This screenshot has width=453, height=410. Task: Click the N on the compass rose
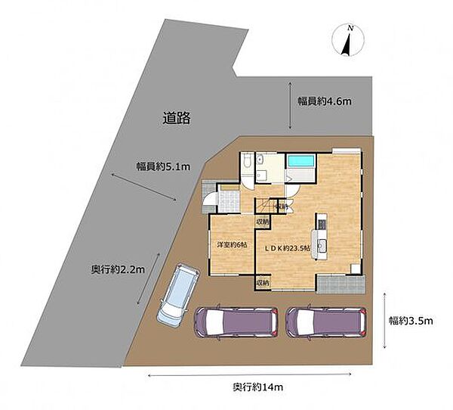(350, 28)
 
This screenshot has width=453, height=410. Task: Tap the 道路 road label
(177, 118)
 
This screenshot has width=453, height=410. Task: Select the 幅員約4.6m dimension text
(325, 101)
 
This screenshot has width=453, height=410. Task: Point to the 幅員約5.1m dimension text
(163, 166)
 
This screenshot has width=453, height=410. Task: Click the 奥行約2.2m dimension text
(118, 270)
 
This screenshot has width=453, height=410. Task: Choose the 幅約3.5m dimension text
(411, 321)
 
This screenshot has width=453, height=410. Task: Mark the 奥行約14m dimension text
(258, 387)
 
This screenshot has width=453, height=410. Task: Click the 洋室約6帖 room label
(232, 244)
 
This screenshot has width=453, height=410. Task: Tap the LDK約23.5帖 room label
(288, 248)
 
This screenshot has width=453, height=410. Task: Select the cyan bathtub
(300, 161)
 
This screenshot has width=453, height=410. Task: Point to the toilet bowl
(248, 162)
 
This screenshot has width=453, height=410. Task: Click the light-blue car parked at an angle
(178, 295)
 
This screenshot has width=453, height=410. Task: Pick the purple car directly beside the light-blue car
(236, 322)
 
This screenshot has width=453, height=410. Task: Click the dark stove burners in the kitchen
(322, 224)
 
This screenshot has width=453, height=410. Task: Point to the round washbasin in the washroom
(259, 160)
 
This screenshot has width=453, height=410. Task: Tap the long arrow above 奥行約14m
(250, 375)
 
